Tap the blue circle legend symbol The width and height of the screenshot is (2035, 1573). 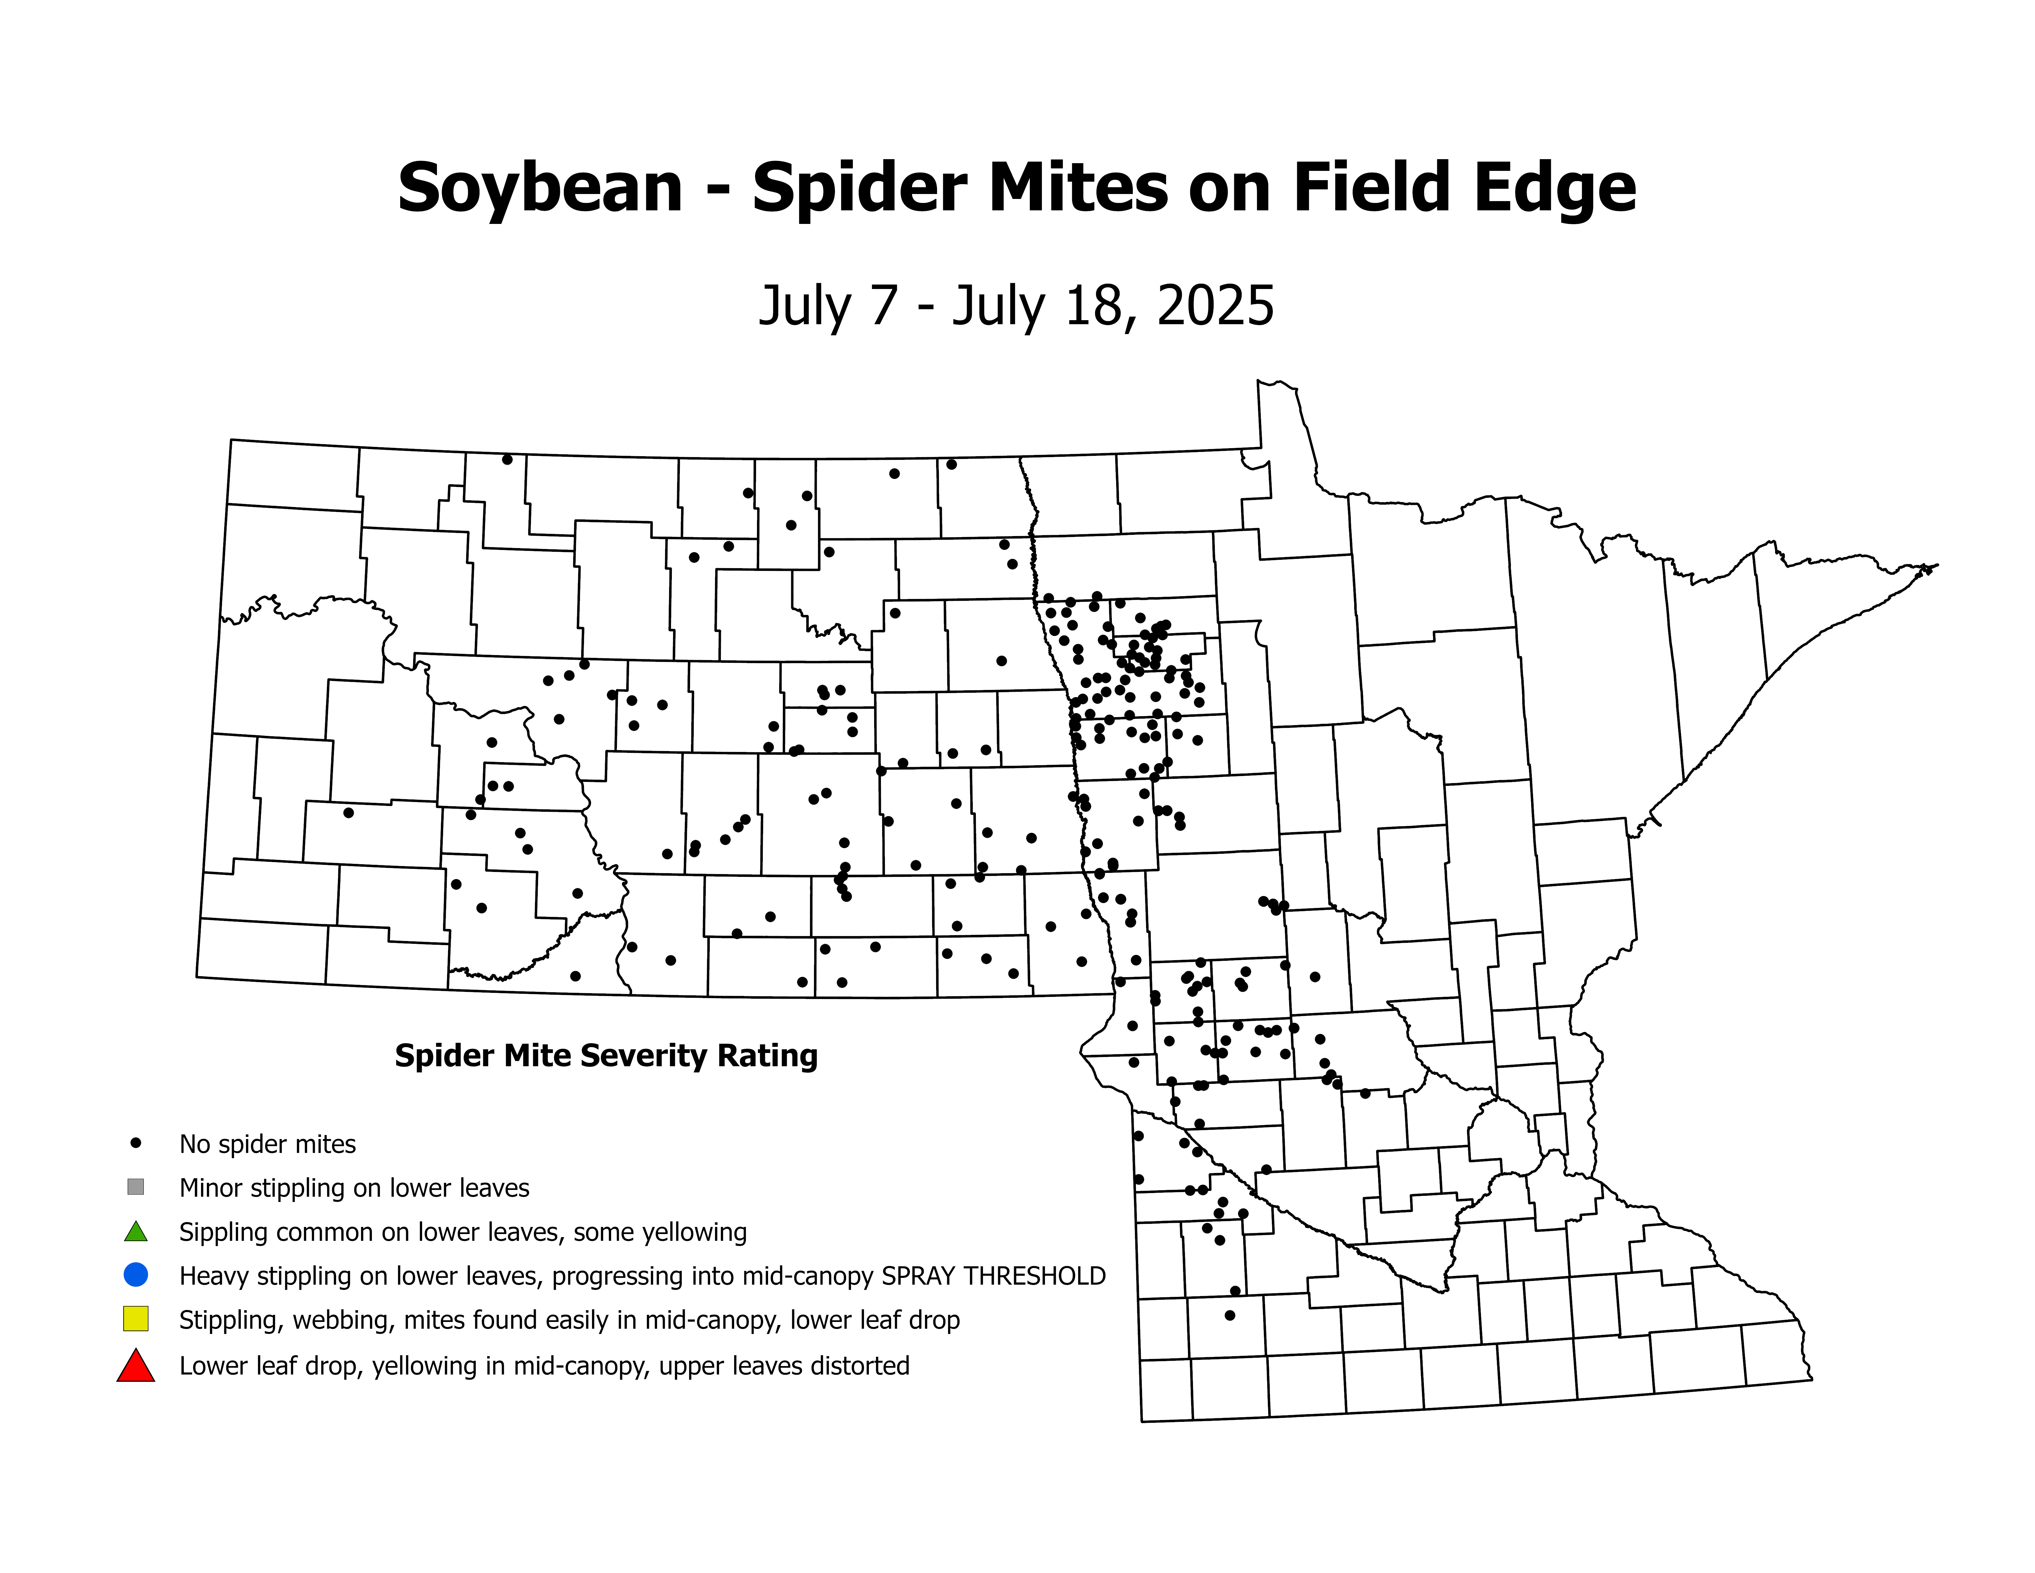click(136, 1274)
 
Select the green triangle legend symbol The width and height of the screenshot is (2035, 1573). click(136, 1232)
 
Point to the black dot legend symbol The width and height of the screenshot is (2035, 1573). click(136, 1142)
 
